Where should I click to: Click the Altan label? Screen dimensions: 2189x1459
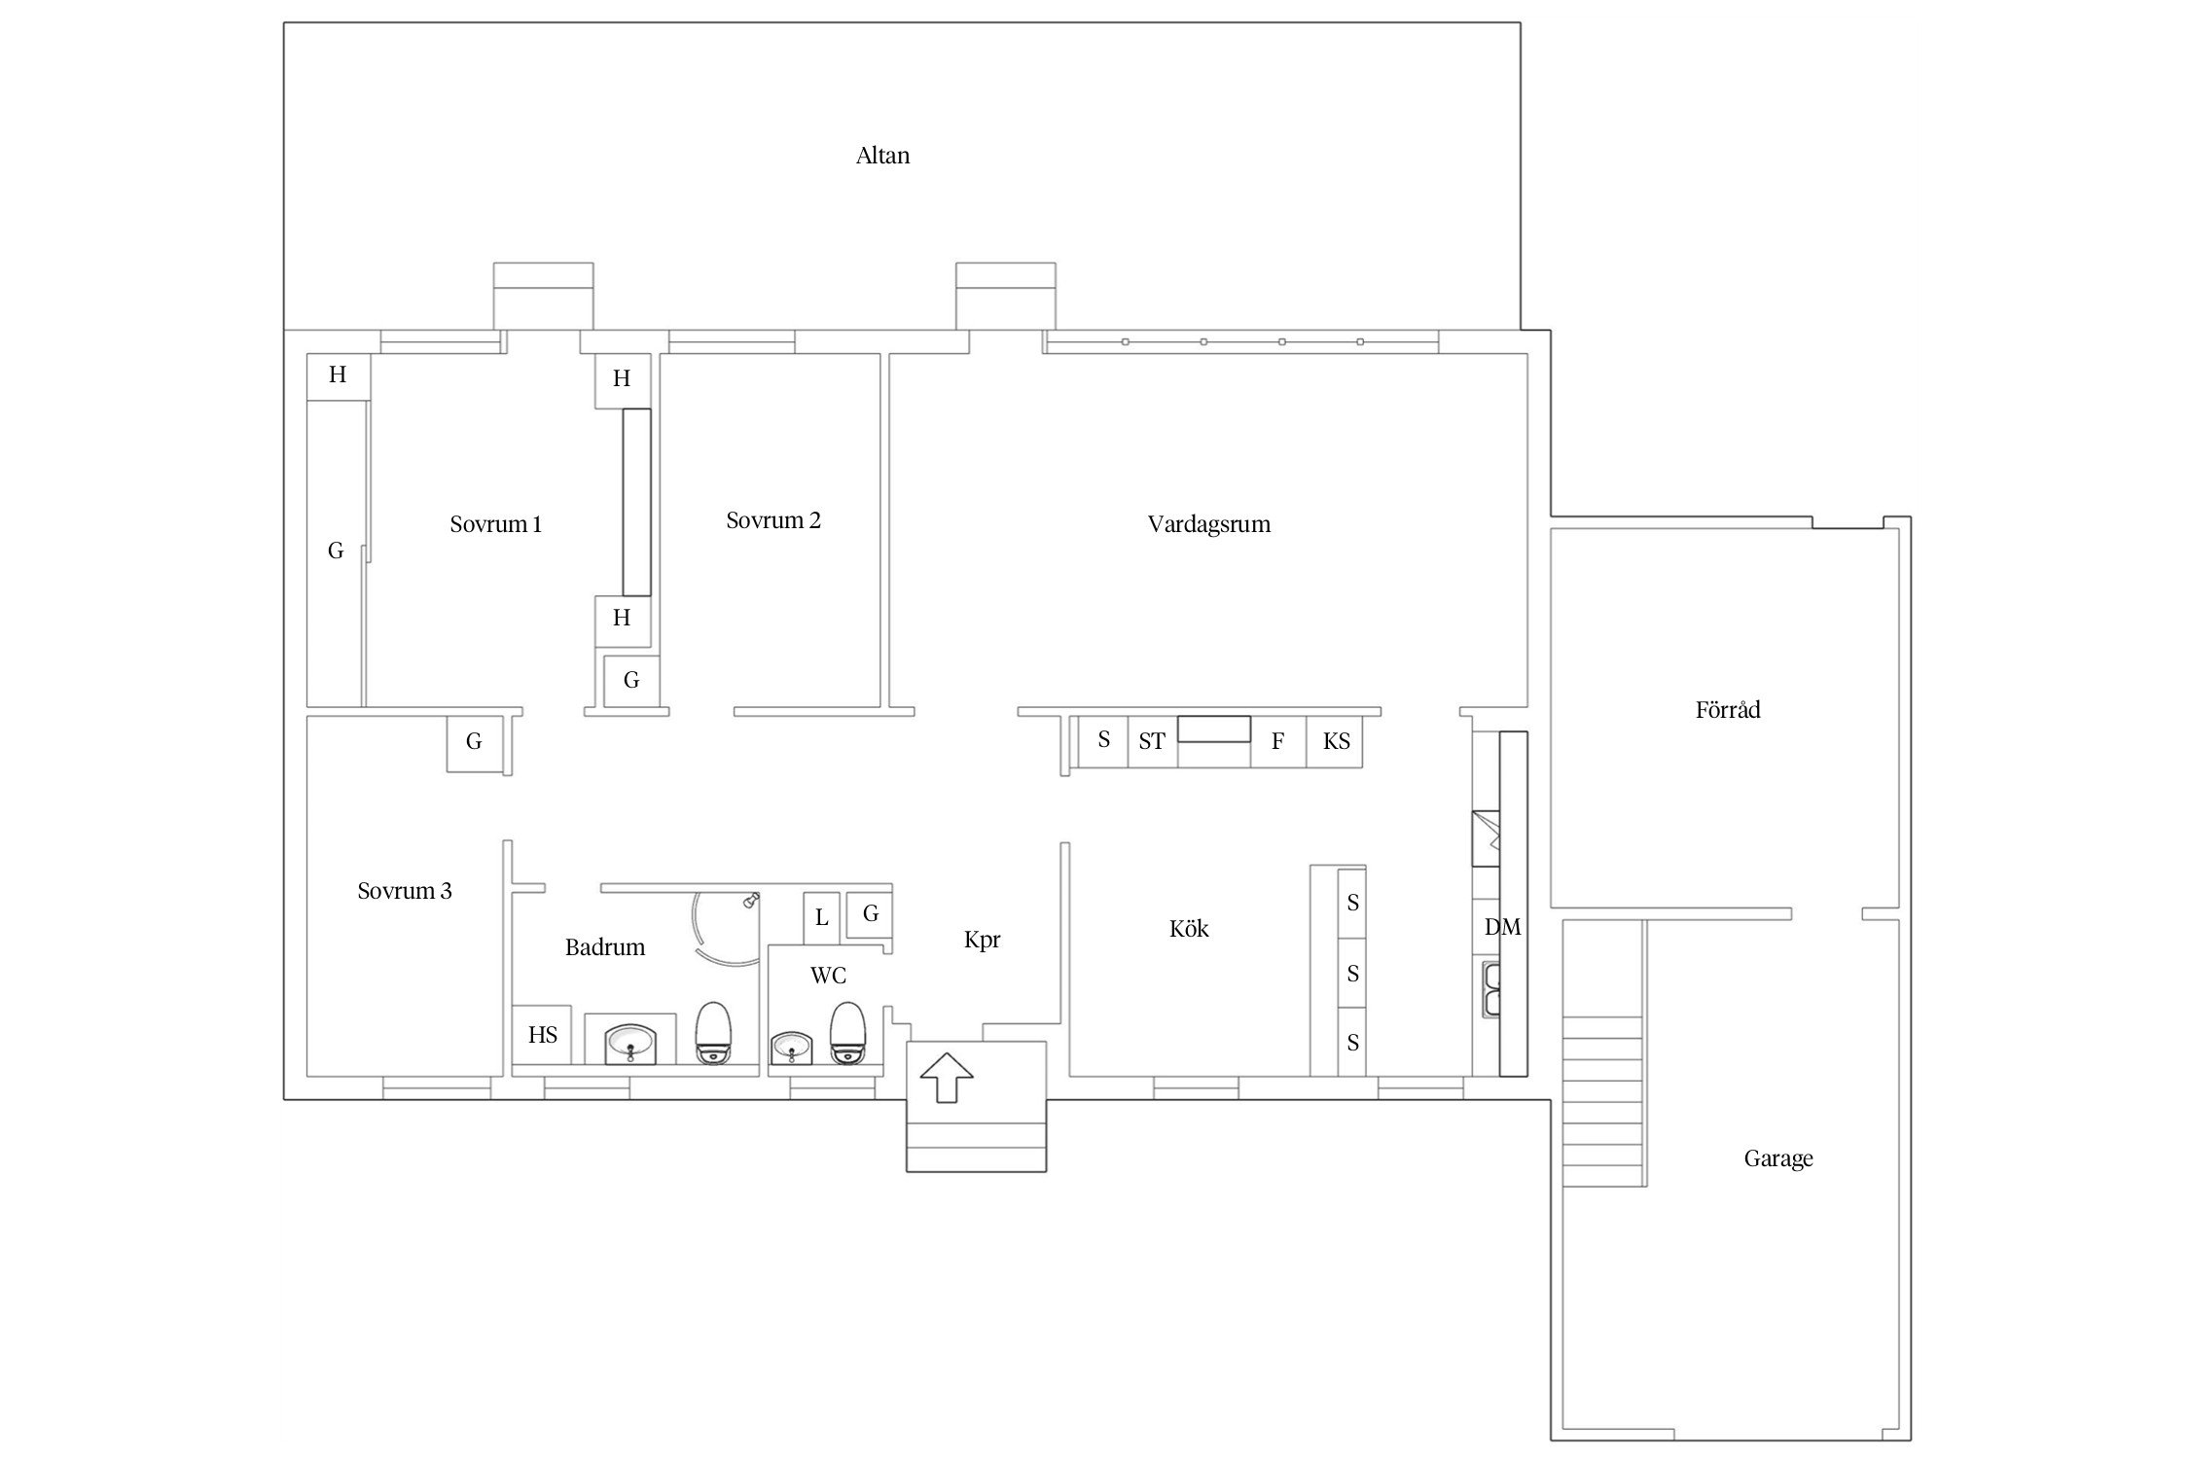882,156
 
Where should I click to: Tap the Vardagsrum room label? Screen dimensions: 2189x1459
1208,524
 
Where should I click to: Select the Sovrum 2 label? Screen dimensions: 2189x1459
773,520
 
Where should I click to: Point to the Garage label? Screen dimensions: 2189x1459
1778,1158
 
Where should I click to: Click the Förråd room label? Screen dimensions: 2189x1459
1728,709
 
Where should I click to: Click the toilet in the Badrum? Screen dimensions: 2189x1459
713,1033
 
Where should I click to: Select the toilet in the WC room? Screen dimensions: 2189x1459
847,1033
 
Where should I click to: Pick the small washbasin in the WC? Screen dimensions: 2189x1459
790,1049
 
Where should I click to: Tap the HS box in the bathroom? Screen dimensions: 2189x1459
542,1035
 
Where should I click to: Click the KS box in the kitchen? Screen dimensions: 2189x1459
1335,741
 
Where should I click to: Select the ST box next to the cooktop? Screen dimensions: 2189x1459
1152,741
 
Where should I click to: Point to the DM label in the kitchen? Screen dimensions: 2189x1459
1502,927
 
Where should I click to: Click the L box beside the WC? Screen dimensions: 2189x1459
821,918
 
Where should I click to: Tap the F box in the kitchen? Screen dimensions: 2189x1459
1278,741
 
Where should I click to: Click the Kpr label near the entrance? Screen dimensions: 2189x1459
982,940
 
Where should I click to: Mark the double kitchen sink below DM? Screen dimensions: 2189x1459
1491,989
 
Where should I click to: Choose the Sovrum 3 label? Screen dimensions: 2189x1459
405,891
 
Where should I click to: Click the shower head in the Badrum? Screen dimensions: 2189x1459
751,901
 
